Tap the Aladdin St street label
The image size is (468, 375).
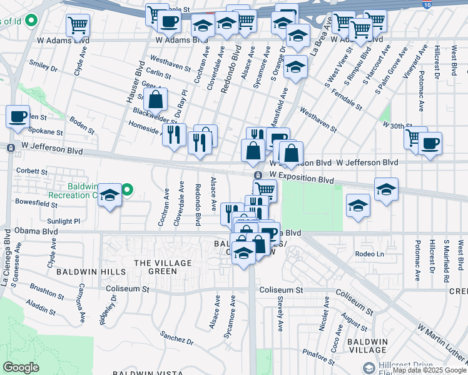[x=42, y=306]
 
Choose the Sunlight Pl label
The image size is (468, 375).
[x=64, y=221]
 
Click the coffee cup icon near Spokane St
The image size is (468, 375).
[x=18, y=116]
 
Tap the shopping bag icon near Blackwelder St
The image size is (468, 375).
[x=155, y=98]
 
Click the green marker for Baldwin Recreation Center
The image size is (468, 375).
[x=127, y=189]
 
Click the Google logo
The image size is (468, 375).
[x=21, y=367]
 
